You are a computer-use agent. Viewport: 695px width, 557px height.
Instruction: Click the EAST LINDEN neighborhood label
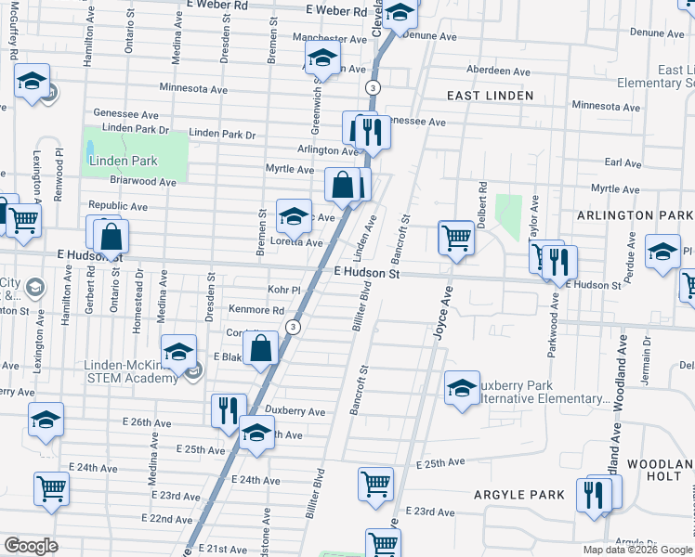[x=490, y=96]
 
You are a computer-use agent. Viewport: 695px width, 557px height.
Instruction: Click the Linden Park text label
[x=123, y=161]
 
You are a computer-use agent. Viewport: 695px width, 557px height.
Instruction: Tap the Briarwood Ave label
[x=143, y=183]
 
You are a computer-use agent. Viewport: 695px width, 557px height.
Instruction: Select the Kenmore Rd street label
[x=262, y=309]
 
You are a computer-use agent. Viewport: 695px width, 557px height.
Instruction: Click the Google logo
[x=31, y=546]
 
